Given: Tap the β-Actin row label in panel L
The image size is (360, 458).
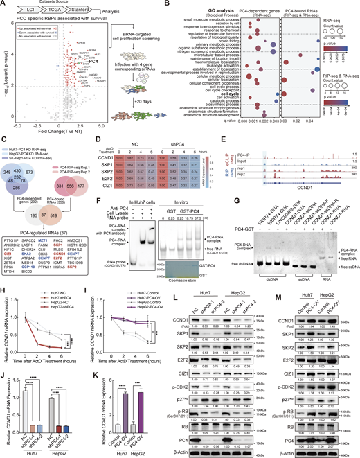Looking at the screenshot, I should click(195, 451).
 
